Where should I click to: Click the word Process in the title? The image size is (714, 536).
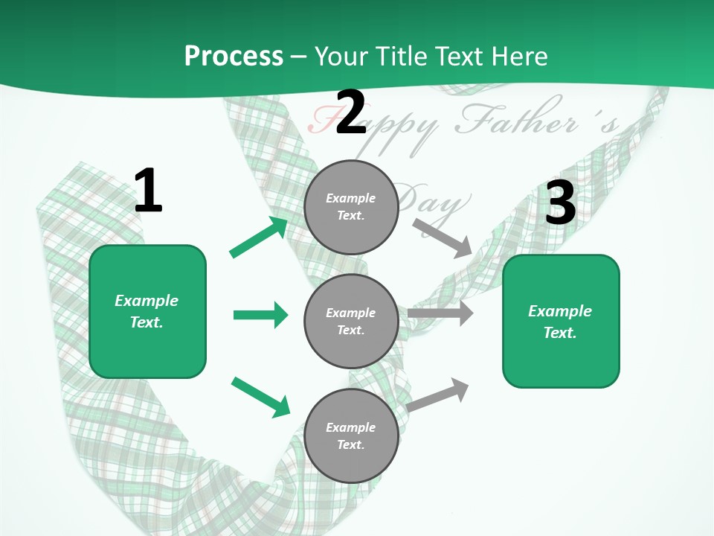click(x=234, y=57)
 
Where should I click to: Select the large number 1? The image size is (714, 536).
click(x=148, y=191)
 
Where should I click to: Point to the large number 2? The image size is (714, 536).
click(x=351, y=113)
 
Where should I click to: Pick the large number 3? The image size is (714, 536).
click(x=561, y=202)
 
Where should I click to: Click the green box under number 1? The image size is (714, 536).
click(x=147, y=311)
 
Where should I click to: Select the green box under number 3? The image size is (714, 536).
click(x=561, y=322)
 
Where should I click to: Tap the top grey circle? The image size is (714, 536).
click(x=351, y=207)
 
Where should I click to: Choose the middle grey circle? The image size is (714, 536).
click(x=351, y=322)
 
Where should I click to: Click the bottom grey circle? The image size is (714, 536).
click(x=351, y=436)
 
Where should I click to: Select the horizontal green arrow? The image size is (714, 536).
click(x=260, y=315)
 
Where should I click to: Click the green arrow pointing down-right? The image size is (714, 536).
click(x=260, y=397)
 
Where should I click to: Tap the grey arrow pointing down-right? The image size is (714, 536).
click(x=443, y=238)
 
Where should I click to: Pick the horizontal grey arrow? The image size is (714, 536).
click(x=440, y=313)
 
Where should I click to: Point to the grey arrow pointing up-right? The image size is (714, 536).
click(x=438, y=395)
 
